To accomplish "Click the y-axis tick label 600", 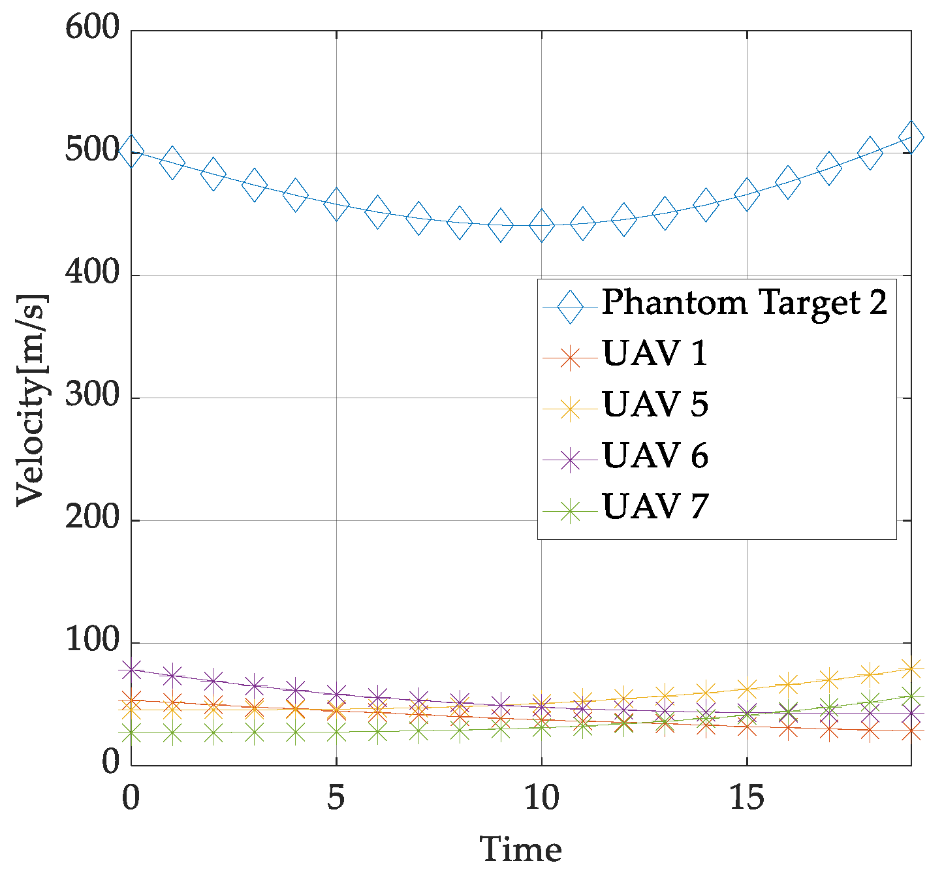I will (x=93, y=29).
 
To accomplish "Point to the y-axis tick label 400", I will (x=93, y=274).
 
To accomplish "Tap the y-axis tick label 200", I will (x=93, y=519).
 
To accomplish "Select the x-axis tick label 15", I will (x=746, y=798).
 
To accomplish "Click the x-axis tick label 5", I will (x=336, y=798).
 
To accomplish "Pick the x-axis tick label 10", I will (x=541, y=798).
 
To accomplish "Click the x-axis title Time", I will (x=521, y=850).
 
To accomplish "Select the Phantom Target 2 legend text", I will (x=744, y=303).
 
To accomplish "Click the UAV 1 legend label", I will (x=655, y=354).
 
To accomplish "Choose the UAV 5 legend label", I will (x=655, y=405).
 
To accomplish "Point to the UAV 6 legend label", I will (x=655, y=456).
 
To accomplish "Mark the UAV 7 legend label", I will (x=655, y=507).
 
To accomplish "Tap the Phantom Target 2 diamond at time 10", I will (x=541, y=226).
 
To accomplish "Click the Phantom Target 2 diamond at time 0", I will (x=132, y=151).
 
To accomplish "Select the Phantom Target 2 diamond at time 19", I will (x=910, y=138).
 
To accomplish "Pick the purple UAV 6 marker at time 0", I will (x=132, y=670).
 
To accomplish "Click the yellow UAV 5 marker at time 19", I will (x=910, y=668).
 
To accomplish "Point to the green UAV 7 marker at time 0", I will (x=132, y=733).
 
